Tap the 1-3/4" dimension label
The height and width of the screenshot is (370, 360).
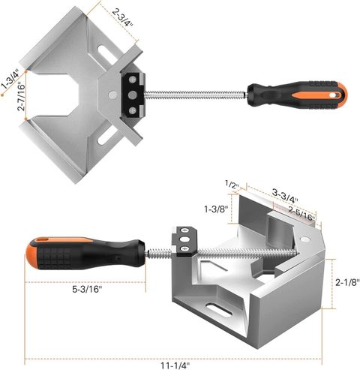tap(10, 79)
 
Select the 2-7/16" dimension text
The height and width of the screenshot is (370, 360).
tap(22, 97)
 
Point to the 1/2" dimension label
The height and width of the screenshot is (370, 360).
tap(232, 185)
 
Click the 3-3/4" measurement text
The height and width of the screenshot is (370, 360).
tap(285, 196)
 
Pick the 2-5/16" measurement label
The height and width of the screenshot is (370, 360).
tap(301, 213)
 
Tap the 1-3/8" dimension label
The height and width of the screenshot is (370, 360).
tap(216, 209)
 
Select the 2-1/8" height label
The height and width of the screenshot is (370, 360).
tap(347, 282)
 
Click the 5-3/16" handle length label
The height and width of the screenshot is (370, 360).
tap(87, 289)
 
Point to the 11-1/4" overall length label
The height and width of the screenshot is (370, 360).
tap(175, 365)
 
